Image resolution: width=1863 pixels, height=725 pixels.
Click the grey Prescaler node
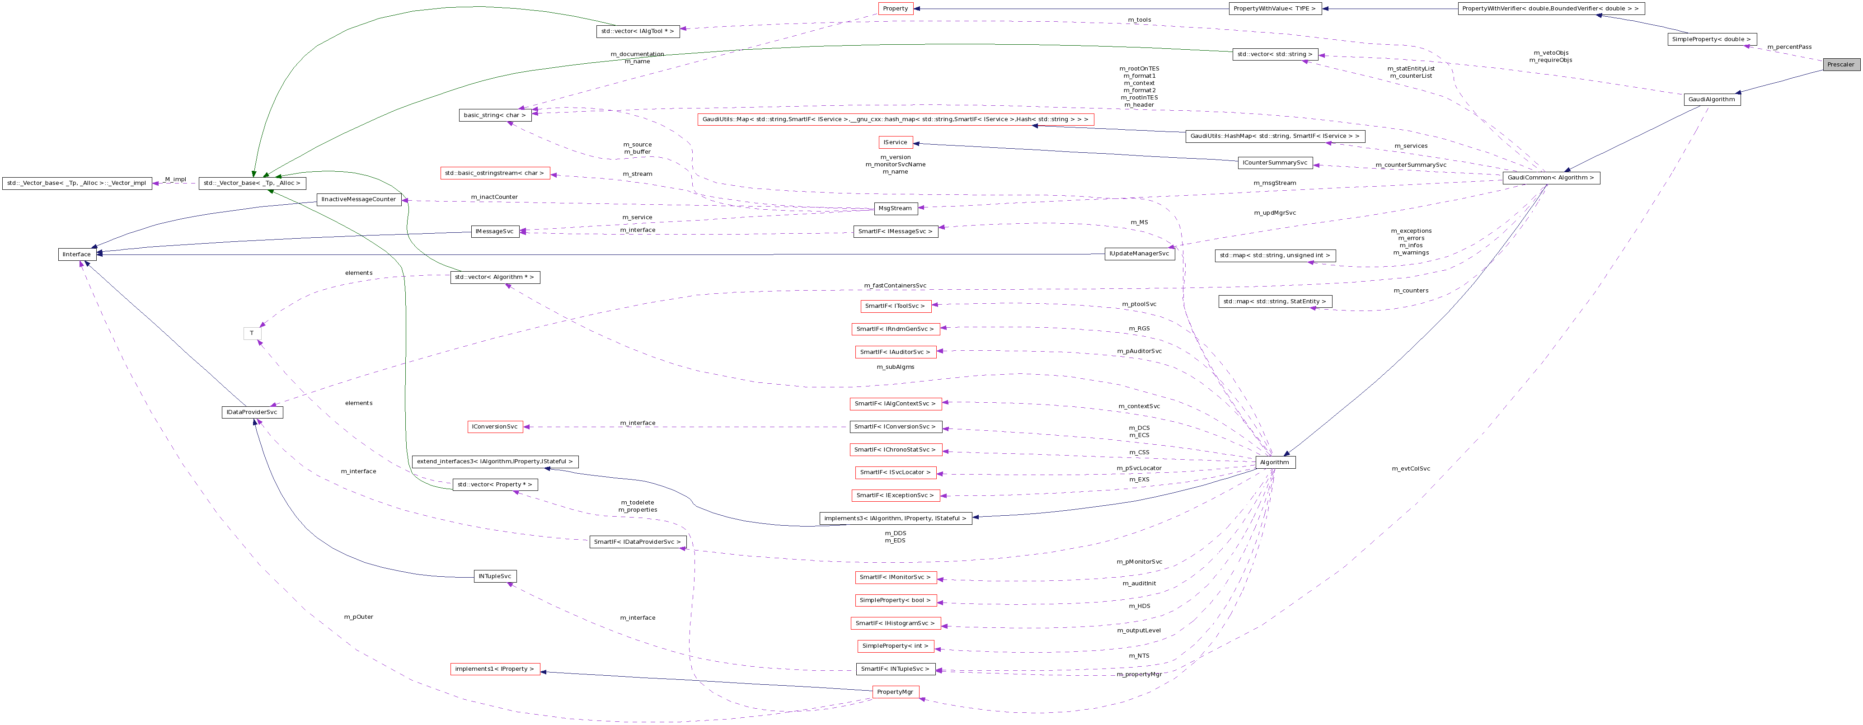1840,64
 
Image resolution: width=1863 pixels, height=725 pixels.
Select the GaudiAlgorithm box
1712,99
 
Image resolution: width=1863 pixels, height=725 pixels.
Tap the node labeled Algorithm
1274,461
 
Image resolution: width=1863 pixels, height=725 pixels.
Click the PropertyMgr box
895,692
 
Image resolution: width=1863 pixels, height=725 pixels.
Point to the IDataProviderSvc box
252,412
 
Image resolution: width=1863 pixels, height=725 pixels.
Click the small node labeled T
252,334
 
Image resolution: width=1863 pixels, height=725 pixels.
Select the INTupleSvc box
495,576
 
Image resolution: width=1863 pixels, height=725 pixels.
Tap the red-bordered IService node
895,142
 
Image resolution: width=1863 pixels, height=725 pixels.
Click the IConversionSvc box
495,426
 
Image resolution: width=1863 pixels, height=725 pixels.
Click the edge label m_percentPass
1789,47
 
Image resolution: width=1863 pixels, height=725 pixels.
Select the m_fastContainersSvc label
895,286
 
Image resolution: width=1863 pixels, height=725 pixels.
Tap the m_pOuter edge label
359,617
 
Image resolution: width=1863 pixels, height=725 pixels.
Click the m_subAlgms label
895,367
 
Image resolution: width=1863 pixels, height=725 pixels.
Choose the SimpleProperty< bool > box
895,600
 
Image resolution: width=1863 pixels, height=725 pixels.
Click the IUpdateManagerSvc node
1139,253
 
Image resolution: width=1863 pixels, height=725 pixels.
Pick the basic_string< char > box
495,115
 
